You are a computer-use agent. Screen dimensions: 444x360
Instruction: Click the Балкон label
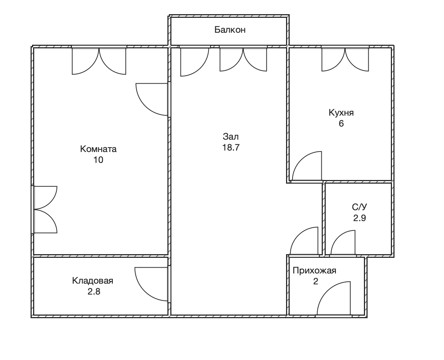[230, 30]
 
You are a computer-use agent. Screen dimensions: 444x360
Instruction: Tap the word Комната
[98, 149]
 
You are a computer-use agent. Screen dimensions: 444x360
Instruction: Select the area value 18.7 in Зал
[231, 147]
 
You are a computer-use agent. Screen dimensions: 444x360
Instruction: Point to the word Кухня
[341, 113]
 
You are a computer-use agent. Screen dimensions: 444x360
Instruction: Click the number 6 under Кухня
[341, 124]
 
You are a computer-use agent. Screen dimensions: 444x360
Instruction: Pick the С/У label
[360, 207]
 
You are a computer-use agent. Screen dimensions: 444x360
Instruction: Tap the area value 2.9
[360, 218]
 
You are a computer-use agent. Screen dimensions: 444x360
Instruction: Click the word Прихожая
[314, 271]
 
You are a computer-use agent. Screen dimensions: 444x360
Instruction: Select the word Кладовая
[92, 281]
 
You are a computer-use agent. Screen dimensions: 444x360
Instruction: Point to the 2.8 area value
[94, 292]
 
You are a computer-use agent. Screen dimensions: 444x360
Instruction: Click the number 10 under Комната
[98, 160]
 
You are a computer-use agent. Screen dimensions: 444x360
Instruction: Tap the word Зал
[231, 137]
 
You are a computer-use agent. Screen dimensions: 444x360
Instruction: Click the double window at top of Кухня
[345, 60]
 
